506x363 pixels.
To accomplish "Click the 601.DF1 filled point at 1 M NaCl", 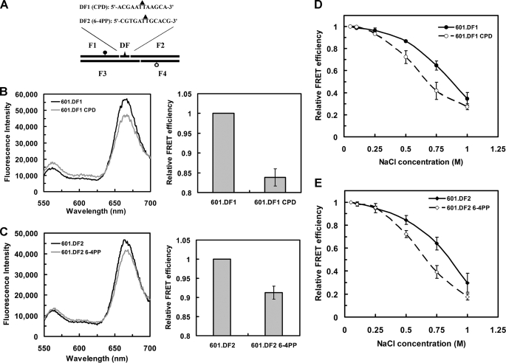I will click(466, 98).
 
